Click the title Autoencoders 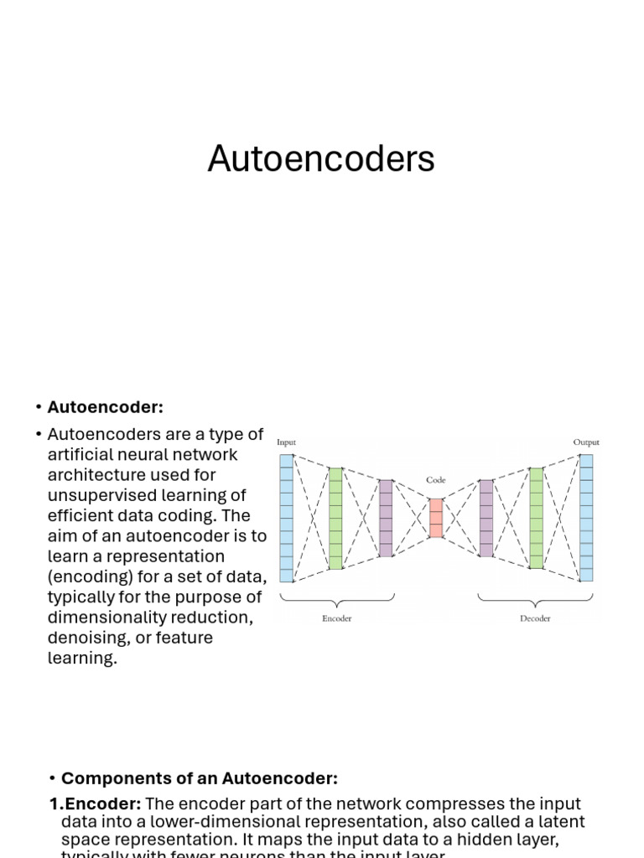pyautogui.click(x=321, y=158)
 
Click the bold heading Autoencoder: pyautogui.click(x=105, y=407)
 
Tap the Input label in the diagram pyautogui.click(x=286, y=442)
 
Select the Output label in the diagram pyautogui.click(x=586, y=442)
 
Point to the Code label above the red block pyautogui.click(x=435, y=480)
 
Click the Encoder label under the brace pyautogui.click(x=336, y=618)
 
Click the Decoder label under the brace pyautogui.click(x=535, y=618)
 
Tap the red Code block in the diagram pyautogui.click(x=435, y=518)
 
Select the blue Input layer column pyautogui.click(x=286, y=518)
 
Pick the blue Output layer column pyautogui.click(x=586, y=518)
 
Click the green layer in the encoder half pyautogui.click(x=335, y=518)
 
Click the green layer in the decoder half pyautogui.click(x=536, y=518)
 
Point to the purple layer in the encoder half pyautogui.click(x=386, y=518)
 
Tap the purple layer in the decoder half pyautogui.click(x=486, y=518)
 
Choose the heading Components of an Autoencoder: pyautogui.click(x=200, y=778)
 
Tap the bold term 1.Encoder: pyautogui.click(x=95, y=804)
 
